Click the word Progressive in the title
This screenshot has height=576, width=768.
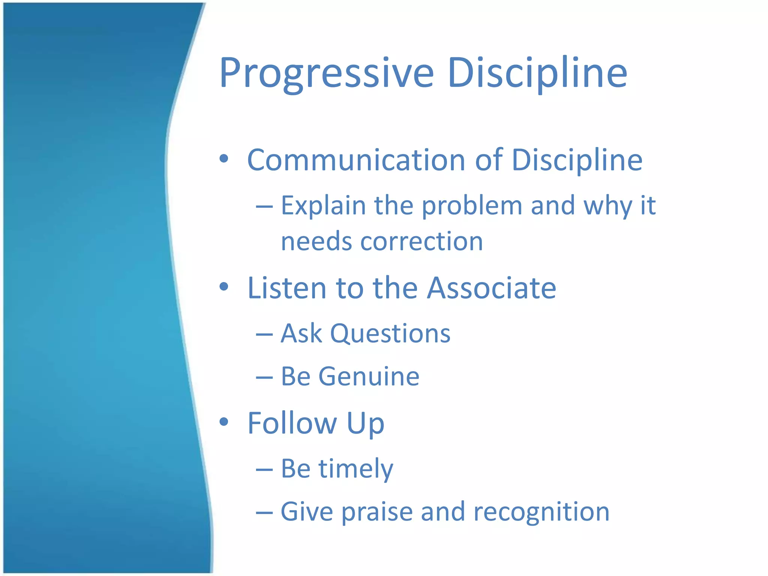coord(326,73)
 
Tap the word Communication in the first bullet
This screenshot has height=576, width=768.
coord(356,160)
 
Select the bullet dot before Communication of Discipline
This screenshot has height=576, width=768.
coord(224,159)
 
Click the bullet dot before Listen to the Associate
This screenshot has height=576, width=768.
coord(224,287)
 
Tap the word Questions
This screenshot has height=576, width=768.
coord(390,333)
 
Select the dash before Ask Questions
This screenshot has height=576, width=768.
coord(264,334)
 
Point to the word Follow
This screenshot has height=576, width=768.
coord(292,423)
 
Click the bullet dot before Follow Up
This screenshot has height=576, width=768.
coord(224,422)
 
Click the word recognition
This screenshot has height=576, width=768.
coord(541,512)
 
